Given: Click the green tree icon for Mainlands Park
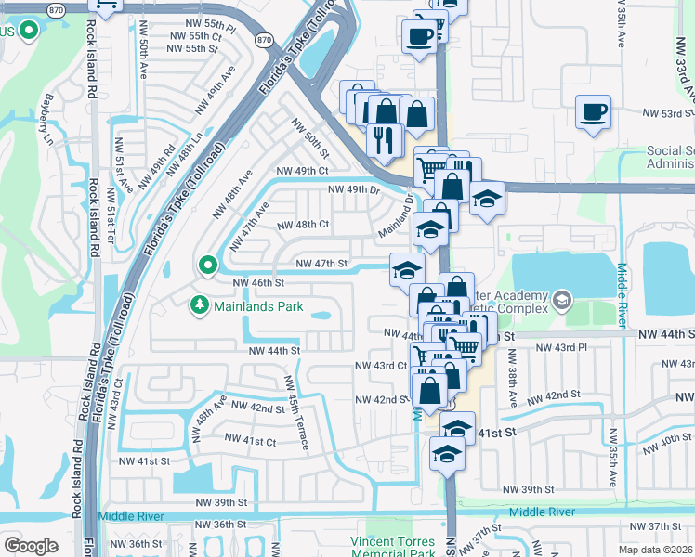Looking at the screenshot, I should [x=198, y=304].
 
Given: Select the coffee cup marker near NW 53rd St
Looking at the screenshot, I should [x=593, y=112].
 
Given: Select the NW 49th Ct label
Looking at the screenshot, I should [x=302, y=171].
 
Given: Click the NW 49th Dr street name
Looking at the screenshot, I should [x=355, y=190].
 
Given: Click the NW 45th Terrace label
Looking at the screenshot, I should [x=296, y=412].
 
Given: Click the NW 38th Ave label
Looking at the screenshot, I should [x=513, y=385].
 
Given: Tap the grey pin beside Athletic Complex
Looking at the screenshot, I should [x=561, y=300].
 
